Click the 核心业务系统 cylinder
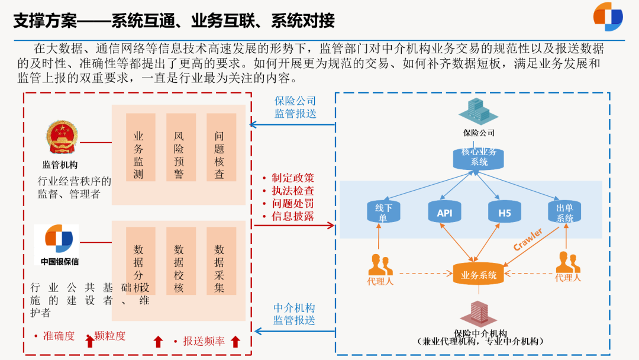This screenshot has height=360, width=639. (x=479, y=157)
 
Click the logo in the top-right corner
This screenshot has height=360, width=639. (x=608, y=17)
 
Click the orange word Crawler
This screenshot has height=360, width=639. (x=528, y=239)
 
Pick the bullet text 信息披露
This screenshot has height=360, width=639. (x=292, y=216)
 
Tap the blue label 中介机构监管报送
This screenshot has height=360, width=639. (x=294, y=314)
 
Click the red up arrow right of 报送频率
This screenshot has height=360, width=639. (x=235, y=342)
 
